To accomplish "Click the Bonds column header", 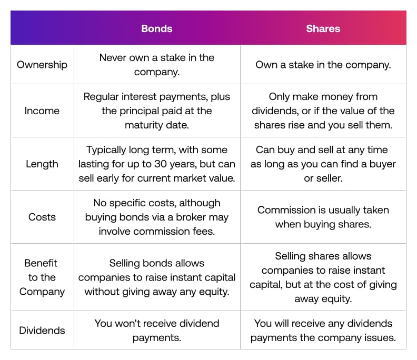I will point(157,28).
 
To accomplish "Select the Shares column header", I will point(323,28).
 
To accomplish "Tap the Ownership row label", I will point(42,65).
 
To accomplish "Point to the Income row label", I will point(42,111).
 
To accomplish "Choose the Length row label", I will point(42,164).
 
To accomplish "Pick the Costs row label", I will point(42,217).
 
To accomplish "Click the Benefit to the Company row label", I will point(42,277).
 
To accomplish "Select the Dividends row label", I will point(42,331).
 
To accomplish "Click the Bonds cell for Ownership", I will point(157,65).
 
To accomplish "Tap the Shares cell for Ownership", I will point(323,65).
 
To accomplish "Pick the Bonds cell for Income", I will point(157,111).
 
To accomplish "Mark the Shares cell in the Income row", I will point(323,111).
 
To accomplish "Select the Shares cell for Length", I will point(323,164).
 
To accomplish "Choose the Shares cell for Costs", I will point(323,217).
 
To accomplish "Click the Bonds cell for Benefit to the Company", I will point(157,277).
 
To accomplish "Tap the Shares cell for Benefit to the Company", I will point(323,277).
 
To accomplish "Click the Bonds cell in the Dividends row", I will point(157,331).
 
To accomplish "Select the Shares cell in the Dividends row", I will point(323,331).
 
